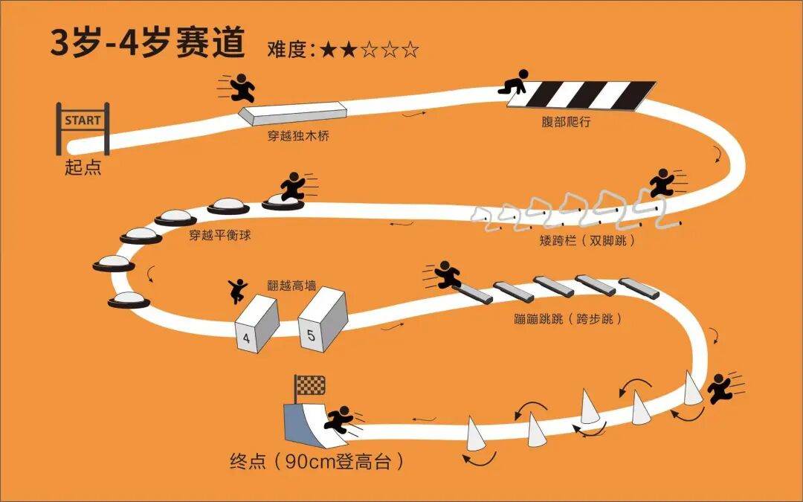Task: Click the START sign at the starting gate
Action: tap(83, 120)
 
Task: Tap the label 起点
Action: tap(83, 167)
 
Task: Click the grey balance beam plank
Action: tap(295, 112)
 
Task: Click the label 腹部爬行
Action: tap(567, 122)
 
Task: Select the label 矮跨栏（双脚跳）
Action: tap(587, 241)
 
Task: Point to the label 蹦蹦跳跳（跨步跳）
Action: tap(557, 319)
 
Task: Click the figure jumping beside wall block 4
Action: tap(238, 290)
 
